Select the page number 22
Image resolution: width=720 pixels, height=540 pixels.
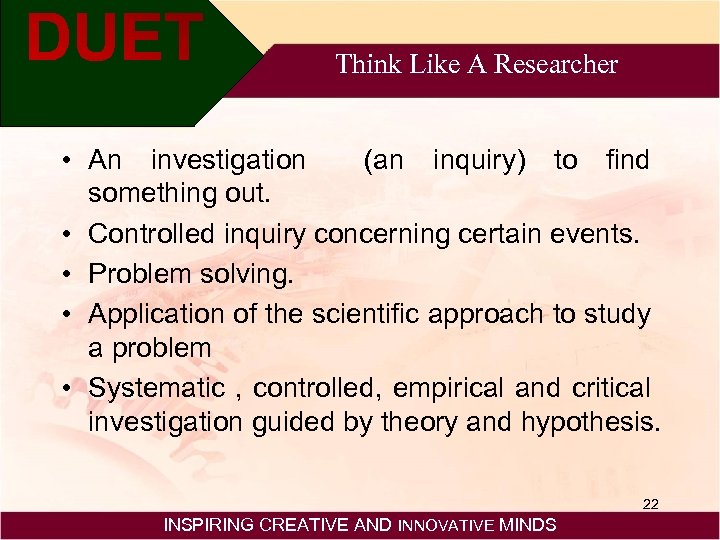click(650, 504)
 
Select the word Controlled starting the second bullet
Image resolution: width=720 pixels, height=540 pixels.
click(149, 234)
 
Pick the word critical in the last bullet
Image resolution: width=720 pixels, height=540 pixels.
click(610, 387)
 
